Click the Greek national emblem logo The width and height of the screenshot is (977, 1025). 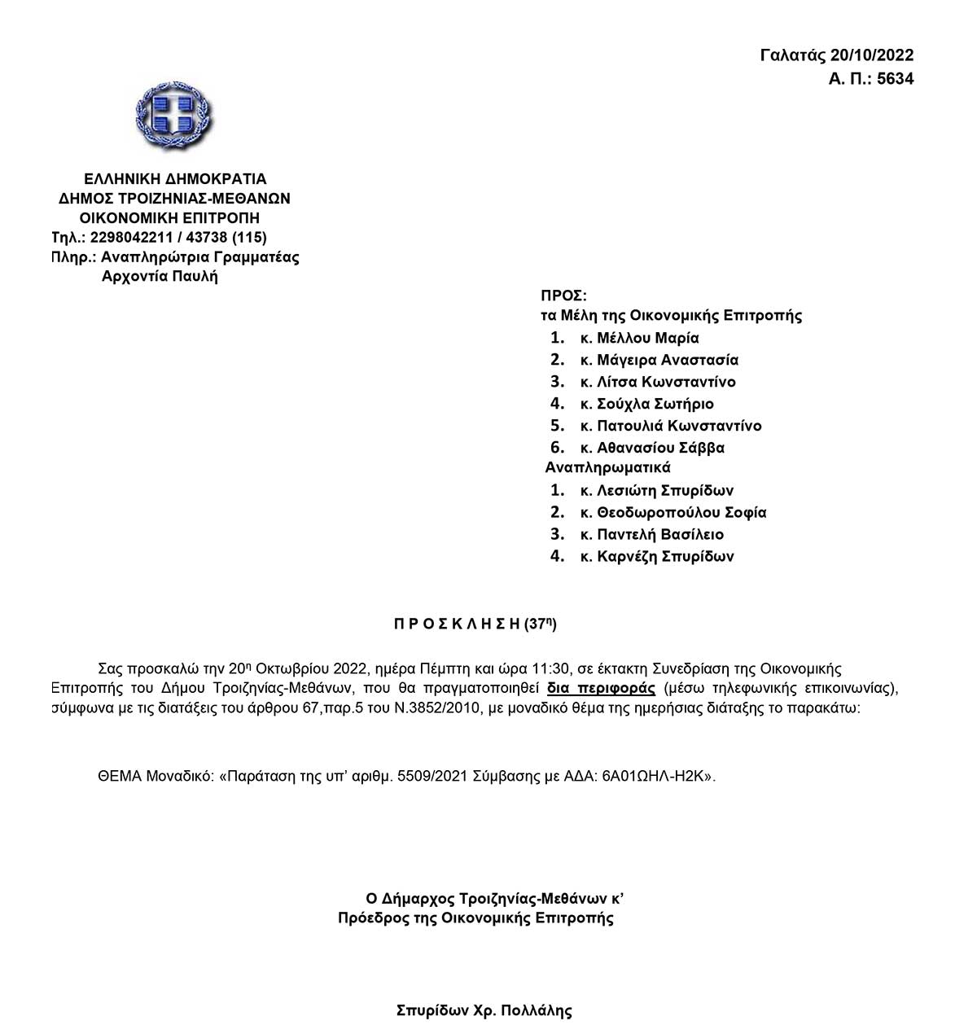pos(174,120)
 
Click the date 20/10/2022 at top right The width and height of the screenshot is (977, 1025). pos(872,55)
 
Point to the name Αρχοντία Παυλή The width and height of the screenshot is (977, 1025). pos(160,276)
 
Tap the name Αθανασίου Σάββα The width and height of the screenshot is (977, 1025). pos(660,448)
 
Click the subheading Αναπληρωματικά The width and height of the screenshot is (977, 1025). pos(607,468)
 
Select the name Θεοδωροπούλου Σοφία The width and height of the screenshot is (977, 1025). pos(681,513)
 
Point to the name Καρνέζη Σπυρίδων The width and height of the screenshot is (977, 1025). pos(665,557)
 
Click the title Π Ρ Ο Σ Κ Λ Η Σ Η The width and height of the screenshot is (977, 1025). pos(456,624)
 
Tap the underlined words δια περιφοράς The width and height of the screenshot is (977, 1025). pos(601,688)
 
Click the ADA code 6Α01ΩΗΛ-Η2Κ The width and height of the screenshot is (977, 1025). pos(657,776)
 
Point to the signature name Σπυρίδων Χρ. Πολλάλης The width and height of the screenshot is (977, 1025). pos(484,1011)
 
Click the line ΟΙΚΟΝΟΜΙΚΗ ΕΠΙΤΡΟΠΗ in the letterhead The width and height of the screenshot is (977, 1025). pos(169,218)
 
